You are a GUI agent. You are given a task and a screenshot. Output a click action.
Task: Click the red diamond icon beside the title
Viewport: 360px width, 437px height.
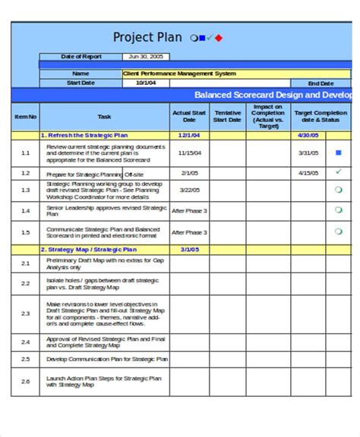click(x=219, y=37)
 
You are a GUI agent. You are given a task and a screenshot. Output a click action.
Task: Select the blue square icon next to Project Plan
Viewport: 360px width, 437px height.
click(x=201, y=37)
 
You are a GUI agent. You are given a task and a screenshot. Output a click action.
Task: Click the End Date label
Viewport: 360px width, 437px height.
click(x=320, y=83)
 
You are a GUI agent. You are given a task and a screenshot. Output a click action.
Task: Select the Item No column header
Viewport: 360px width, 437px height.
click(x=25, y=117)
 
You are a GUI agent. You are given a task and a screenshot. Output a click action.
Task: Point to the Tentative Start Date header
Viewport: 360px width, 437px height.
click(x=227, y=116)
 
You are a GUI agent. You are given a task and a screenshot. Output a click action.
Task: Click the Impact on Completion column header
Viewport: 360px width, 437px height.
click(x=269, y=116)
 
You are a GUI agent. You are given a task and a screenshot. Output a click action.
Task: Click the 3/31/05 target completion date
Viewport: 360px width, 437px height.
click(x=308, y=152)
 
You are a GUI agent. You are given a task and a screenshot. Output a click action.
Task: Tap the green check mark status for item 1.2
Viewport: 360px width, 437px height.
click(x=339, y=171)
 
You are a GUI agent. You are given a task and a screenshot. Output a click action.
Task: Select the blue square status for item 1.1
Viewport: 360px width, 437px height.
click(x=339, y=152)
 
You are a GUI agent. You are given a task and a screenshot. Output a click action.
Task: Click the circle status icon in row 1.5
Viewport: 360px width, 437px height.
click(x=339, y=232)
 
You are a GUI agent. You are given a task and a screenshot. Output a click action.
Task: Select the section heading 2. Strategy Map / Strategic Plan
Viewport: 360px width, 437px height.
click(x=89, y=249)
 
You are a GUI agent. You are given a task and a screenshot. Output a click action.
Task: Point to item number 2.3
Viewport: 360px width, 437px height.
click(x=25, y=313)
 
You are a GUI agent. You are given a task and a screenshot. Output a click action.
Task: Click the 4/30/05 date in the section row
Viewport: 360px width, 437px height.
click(x=308, y=134)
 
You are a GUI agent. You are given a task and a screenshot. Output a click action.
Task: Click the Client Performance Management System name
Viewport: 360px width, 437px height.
click(x=179, y=74)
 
